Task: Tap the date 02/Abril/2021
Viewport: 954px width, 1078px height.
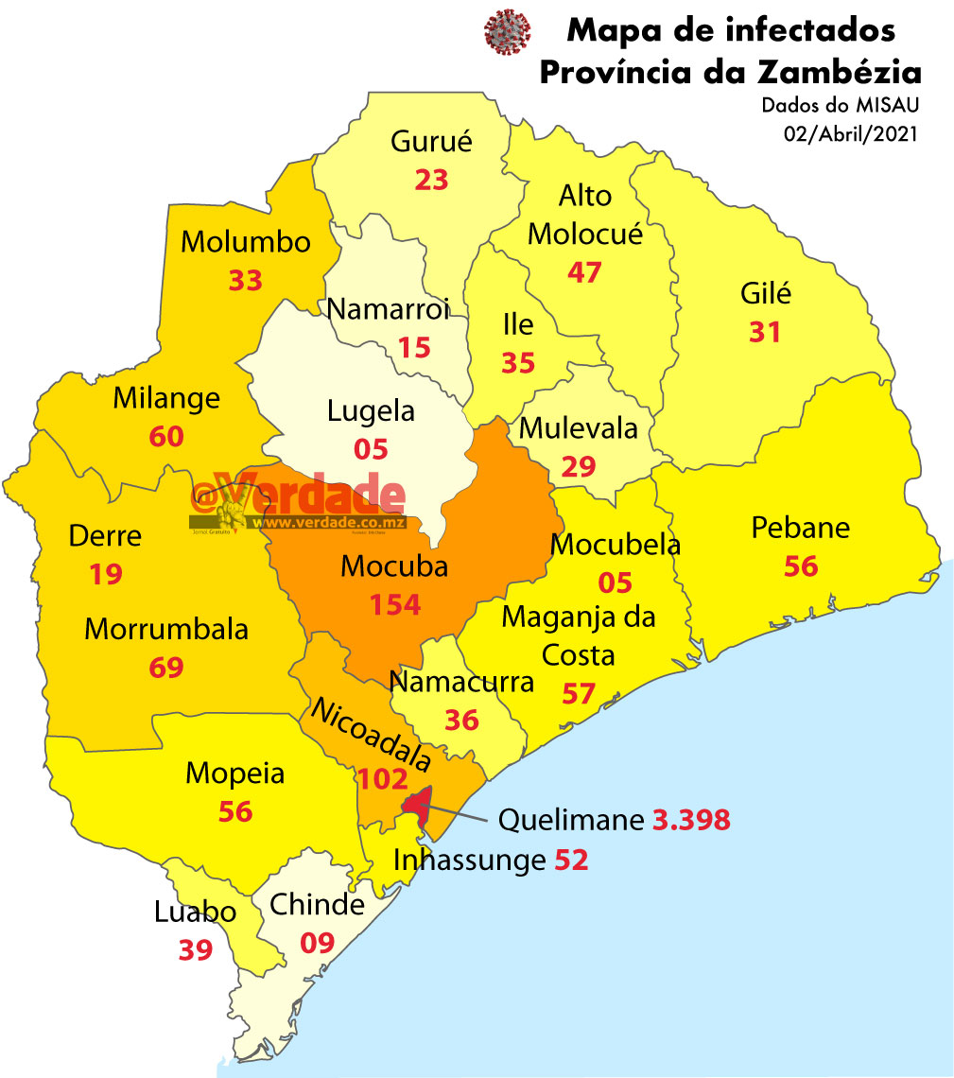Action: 851,133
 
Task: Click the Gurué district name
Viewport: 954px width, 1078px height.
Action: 431,143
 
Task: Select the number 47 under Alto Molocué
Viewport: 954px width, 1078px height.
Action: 584,272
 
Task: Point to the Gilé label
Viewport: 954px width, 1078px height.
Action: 765,293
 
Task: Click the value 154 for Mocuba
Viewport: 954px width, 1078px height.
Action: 395,604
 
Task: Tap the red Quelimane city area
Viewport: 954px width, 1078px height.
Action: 417,804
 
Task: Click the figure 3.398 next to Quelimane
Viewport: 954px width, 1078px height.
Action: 691,820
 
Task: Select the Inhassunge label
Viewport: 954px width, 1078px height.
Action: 470,860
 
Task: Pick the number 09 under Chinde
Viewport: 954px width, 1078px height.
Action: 317,943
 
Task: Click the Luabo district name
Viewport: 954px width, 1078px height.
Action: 195,913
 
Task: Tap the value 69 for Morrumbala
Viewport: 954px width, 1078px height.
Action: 166,668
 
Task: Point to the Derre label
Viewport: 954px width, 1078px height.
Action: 105,536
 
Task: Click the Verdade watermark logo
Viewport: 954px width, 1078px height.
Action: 299,502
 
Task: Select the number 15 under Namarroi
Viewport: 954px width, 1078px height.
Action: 413,347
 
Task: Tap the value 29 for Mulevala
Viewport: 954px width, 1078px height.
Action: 578,466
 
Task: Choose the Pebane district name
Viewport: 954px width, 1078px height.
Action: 800,528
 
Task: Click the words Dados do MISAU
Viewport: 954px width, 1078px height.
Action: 841,106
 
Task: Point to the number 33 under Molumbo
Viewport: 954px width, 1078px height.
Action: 245,280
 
